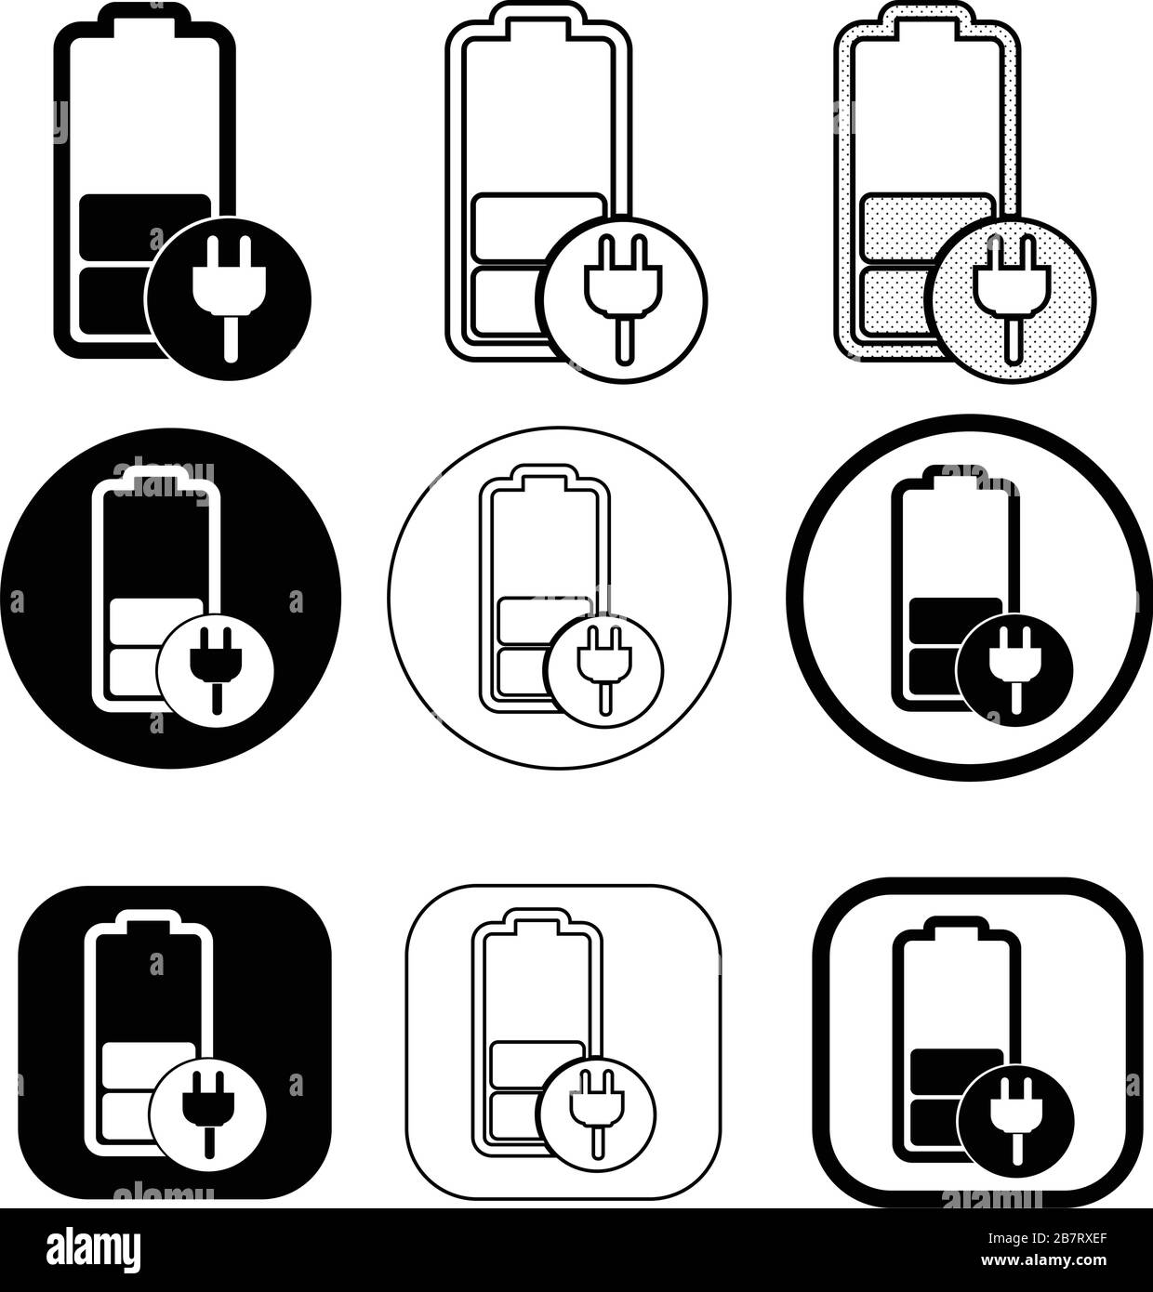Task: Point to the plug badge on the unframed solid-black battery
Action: [x=228, y=297]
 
